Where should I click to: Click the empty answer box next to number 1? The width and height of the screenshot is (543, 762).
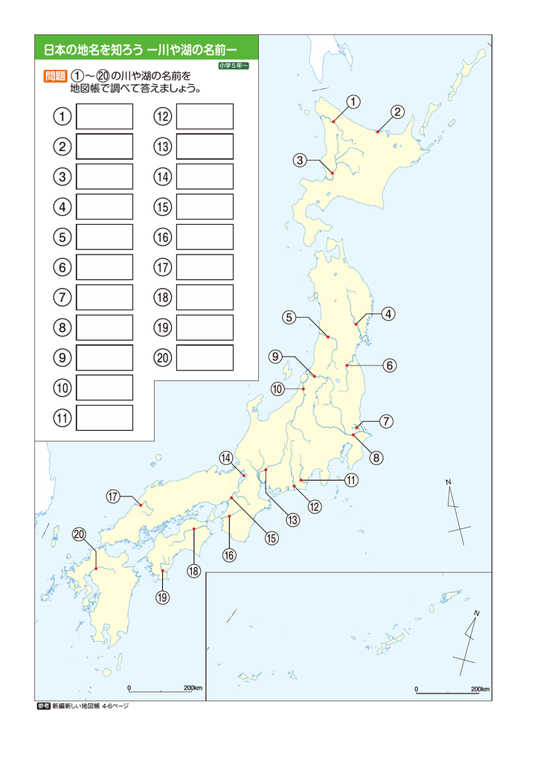point(104,117)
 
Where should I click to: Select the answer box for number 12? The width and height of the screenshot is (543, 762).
point(205,117)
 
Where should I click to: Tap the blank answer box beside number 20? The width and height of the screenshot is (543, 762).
point(205,358)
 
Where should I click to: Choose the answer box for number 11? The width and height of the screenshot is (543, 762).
point(104,418)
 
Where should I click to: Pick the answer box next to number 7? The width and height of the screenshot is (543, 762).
point(104,298)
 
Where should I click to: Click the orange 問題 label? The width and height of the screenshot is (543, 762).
point(55,76)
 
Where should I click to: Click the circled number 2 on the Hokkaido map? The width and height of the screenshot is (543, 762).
point(398,112)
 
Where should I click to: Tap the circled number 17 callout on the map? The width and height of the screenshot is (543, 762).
point(113,496)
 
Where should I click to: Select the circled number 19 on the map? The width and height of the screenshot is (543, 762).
point(163,597)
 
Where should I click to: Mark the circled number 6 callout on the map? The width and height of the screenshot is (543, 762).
point(390,365)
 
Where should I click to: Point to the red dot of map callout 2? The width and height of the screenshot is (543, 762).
point(378,132)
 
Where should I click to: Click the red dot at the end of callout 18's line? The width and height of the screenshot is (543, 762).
point(194,529)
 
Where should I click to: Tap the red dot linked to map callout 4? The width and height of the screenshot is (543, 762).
point(356,324)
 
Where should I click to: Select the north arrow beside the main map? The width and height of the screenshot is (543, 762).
point(456,506)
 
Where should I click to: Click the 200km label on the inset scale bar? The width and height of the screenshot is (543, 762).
point(480,689)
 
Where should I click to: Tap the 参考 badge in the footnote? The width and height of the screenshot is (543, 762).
point(42,706)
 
